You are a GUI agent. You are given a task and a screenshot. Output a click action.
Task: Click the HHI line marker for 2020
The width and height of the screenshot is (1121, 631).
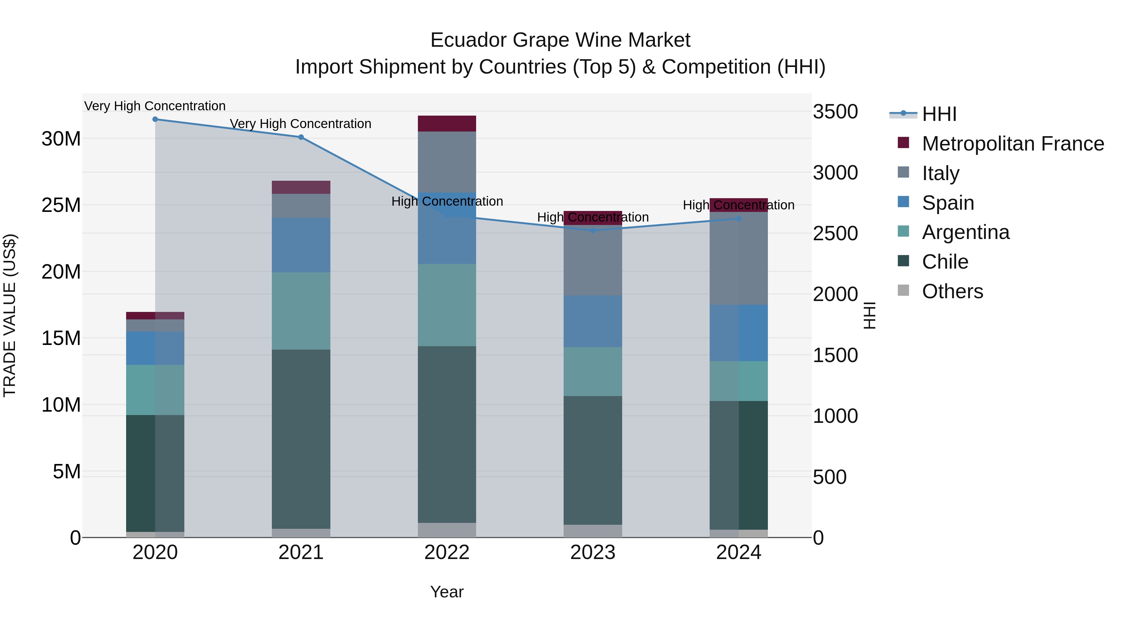click(155, 119)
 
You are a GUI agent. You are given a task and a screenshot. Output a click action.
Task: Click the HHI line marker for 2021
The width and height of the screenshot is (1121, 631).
click(301, 137)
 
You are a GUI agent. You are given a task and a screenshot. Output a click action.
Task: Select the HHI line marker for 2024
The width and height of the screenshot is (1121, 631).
click(739, 219)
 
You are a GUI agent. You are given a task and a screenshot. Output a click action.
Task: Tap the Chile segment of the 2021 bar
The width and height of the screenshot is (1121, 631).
click(301, 439)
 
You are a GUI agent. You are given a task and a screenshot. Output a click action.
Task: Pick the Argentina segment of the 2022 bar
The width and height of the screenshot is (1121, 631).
click(447, 305)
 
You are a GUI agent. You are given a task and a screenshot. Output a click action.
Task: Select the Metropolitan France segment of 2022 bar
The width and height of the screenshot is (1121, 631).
click(447, 124)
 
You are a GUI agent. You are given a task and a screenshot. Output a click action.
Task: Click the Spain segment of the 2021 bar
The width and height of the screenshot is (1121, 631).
click(301, 245)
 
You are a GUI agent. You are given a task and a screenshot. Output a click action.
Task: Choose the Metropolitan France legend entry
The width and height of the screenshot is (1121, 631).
click(1013, 144)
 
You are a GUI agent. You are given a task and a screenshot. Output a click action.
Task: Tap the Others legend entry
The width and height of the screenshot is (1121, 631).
click(952, 291)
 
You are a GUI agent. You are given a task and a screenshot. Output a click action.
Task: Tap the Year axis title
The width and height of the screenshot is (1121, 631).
click(447, 592)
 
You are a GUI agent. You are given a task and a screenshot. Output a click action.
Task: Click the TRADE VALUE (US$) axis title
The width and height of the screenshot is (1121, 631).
click(10, 315)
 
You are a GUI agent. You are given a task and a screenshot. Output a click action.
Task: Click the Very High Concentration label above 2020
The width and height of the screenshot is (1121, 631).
click(155, 106)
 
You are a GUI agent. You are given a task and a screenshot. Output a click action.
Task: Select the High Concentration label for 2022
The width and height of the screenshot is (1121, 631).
click(447, 201)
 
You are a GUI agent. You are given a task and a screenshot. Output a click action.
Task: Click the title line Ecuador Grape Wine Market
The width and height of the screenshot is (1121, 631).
click(560, 40)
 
